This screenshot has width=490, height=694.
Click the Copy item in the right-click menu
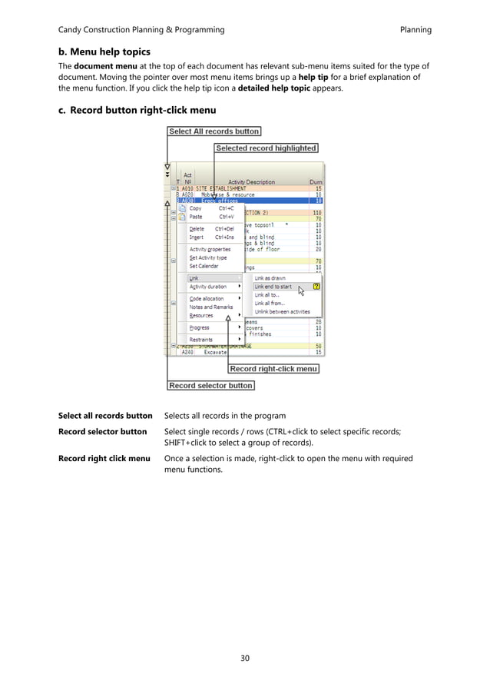click(x=196, y=208)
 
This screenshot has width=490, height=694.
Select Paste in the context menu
click(x=196, y=217)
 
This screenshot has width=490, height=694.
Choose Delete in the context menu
click(x=197, y=228)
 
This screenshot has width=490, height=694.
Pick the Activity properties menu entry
click(x=210, y=249)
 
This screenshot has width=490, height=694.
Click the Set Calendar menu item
click(x=204, y=266)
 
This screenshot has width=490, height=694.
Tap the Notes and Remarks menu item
click(x=211, y=307)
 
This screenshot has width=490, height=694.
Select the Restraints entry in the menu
click(x=201, y=339)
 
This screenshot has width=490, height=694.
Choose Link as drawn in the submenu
click(x=270, y=278)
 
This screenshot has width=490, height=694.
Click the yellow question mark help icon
click(x=316, y=287)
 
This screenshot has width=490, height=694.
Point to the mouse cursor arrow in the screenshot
click(x=301, y=291)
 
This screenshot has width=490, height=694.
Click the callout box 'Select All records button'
click(x=214, y=131)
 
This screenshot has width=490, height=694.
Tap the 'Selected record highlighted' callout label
click(x=266, y=148)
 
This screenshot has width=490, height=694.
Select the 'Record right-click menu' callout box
click(x=273, y=369)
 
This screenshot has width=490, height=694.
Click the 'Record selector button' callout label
click(x=210, y=385)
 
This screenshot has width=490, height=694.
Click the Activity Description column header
click(x=250, y=182)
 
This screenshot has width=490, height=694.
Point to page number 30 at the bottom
click(x=244, y=657)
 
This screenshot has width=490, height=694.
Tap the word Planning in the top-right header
click(x=416, y=30)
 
